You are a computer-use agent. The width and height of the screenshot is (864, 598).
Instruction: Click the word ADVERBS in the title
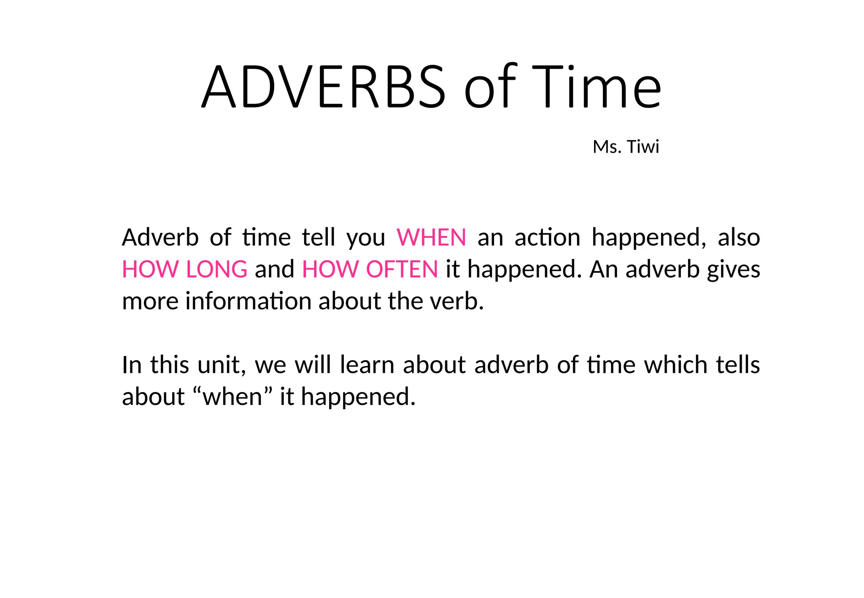tap(323, 87)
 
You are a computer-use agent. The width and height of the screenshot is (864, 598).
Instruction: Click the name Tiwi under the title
tap(643, 147)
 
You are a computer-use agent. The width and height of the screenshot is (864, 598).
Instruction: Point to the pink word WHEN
tap(431, 237)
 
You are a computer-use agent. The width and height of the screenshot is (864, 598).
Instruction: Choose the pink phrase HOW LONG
tap(184, 269)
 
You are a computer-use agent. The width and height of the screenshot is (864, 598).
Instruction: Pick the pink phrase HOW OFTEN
tap(370, 269)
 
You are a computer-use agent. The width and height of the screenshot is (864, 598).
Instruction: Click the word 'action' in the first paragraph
tap(547, 237)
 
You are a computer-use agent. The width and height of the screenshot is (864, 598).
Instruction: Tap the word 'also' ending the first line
tap(739, 237)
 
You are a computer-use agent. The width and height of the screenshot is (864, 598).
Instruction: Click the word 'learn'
tap(367, 365)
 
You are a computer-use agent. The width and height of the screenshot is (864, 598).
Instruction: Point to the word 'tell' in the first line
tap(319, 237)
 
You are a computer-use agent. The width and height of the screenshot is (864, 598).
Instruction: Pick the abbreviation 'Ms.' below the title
tap(607, 147)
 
